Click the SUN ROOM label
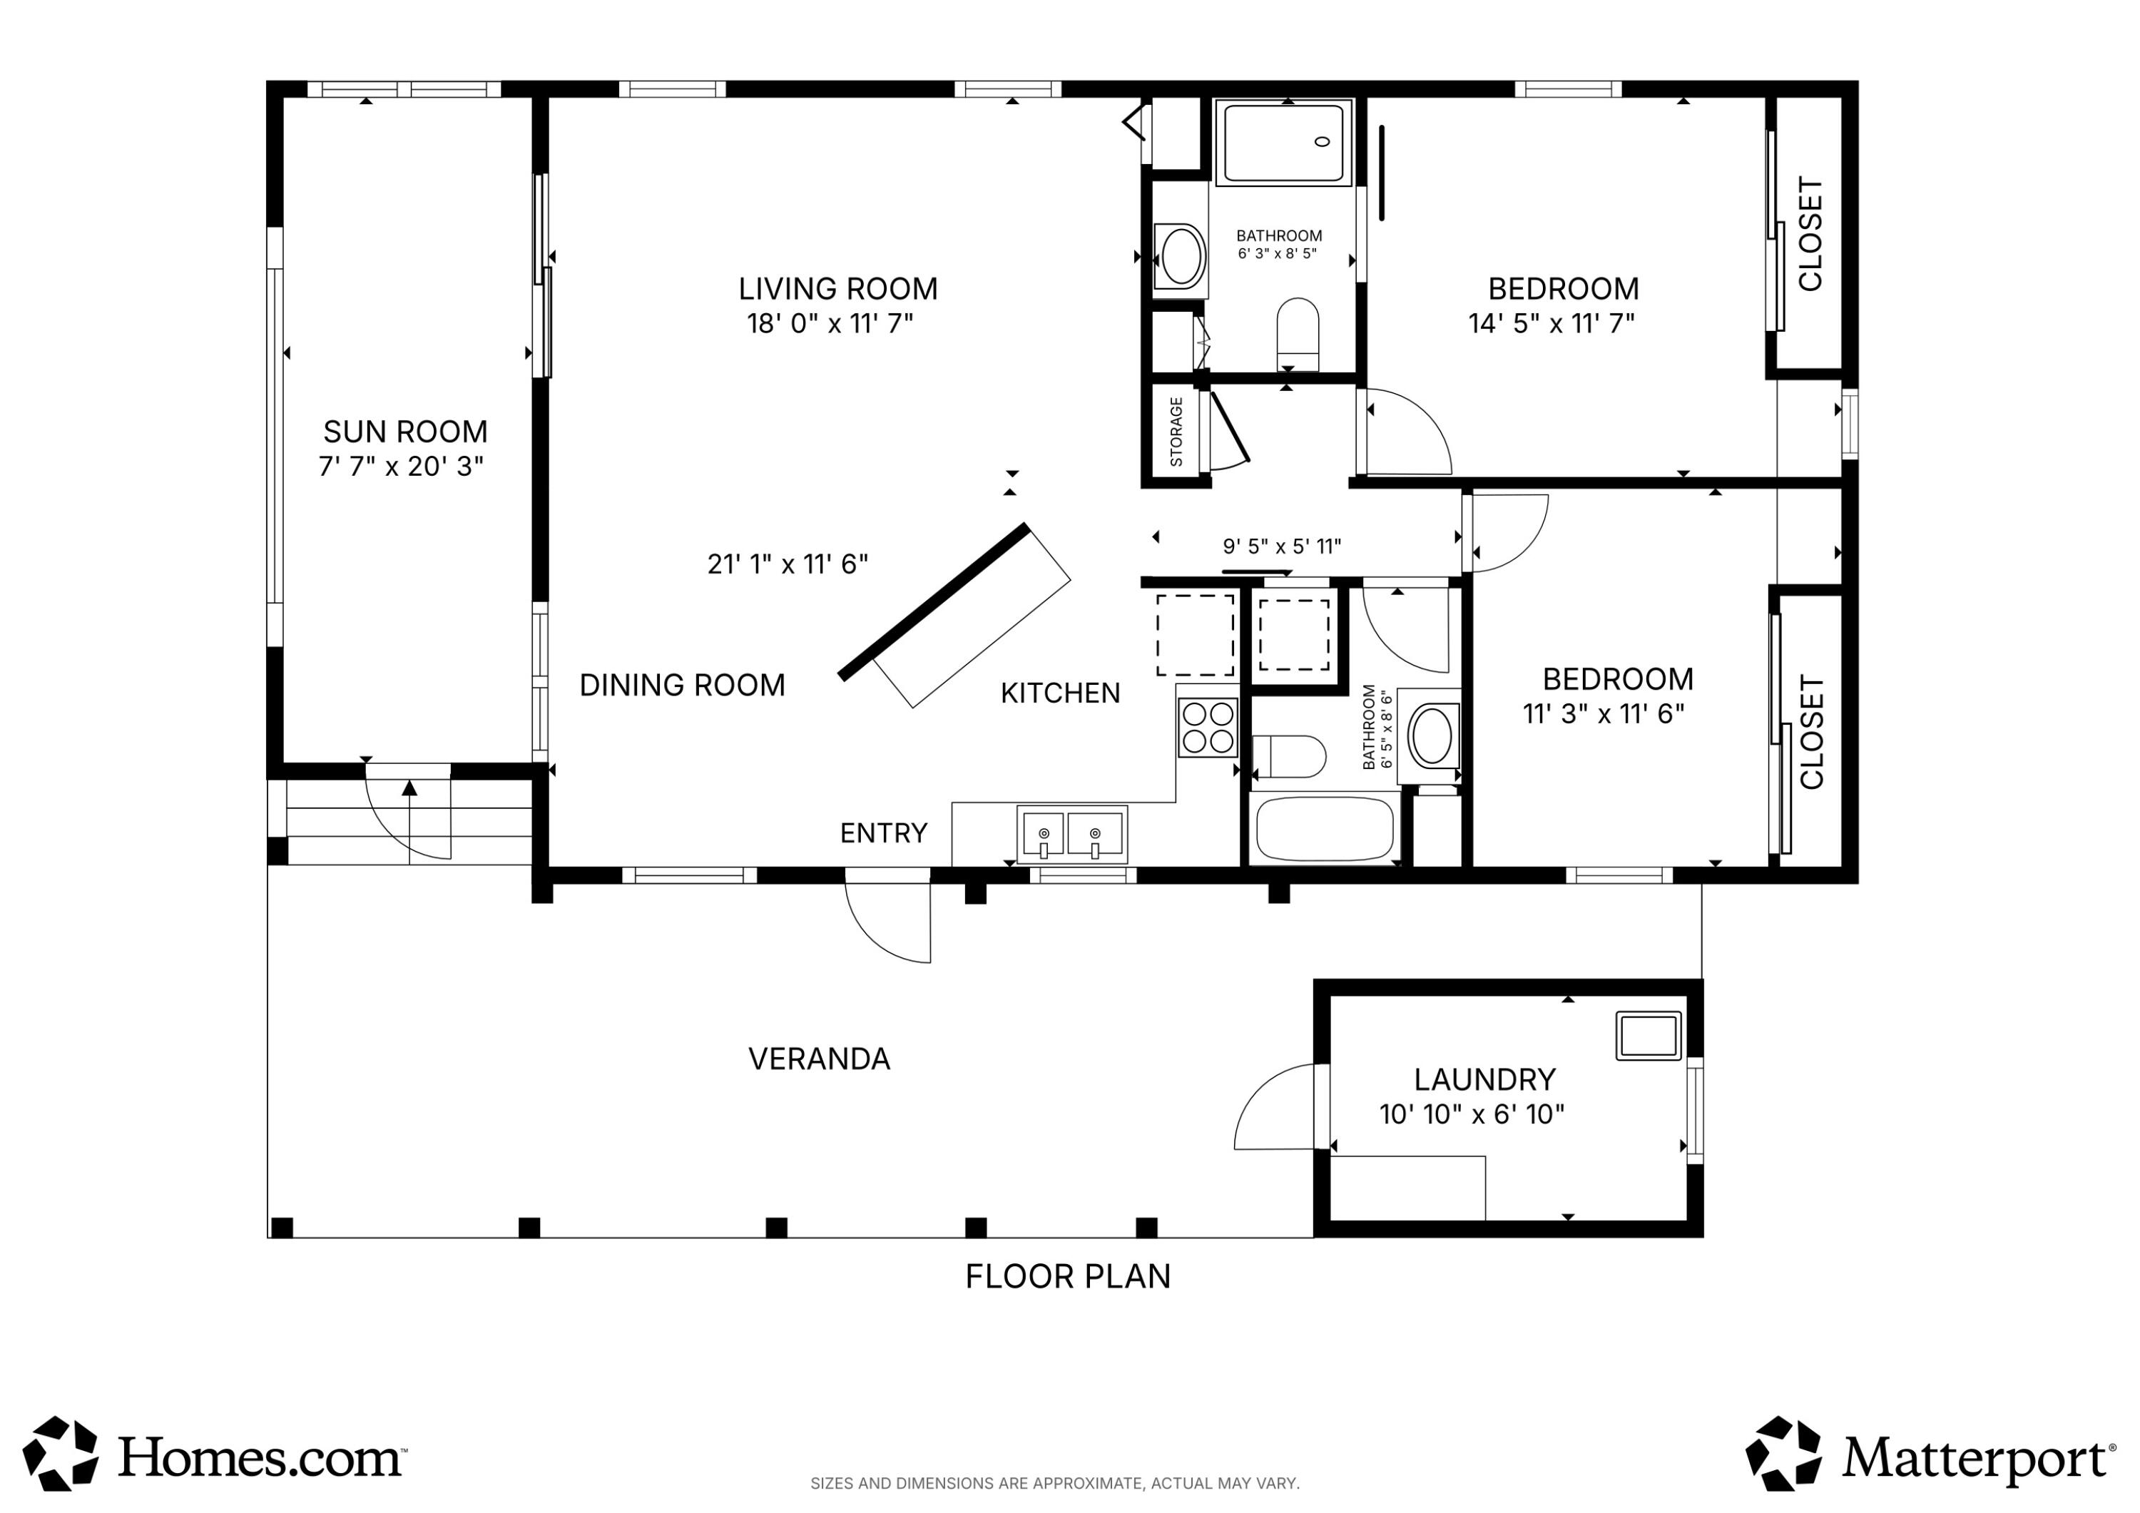(405, 432)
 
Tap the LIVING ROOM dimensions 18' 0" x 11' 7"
(830, 323)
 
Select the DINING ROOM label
(682, 686)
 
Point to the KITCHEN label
(1060, 693)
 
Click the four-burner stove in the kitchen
(1207, 727)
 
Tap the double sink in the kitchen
(1072, 835)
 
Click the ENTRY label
(884, 832)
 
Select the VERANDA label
(820, 1059)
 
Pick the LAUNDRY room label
(1484, 1079)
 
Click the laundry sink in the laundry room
(1649, 1036)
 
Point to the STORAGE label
(1176, 432)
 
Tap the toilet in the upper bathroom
(1298, 334)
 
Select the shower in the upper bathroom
(1283, 143)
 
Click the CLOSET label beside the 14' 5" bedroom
(1810, 234)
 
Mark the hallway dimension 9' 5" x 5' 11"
(1282, 546)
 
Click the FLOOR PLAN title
(1068, 1276)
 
